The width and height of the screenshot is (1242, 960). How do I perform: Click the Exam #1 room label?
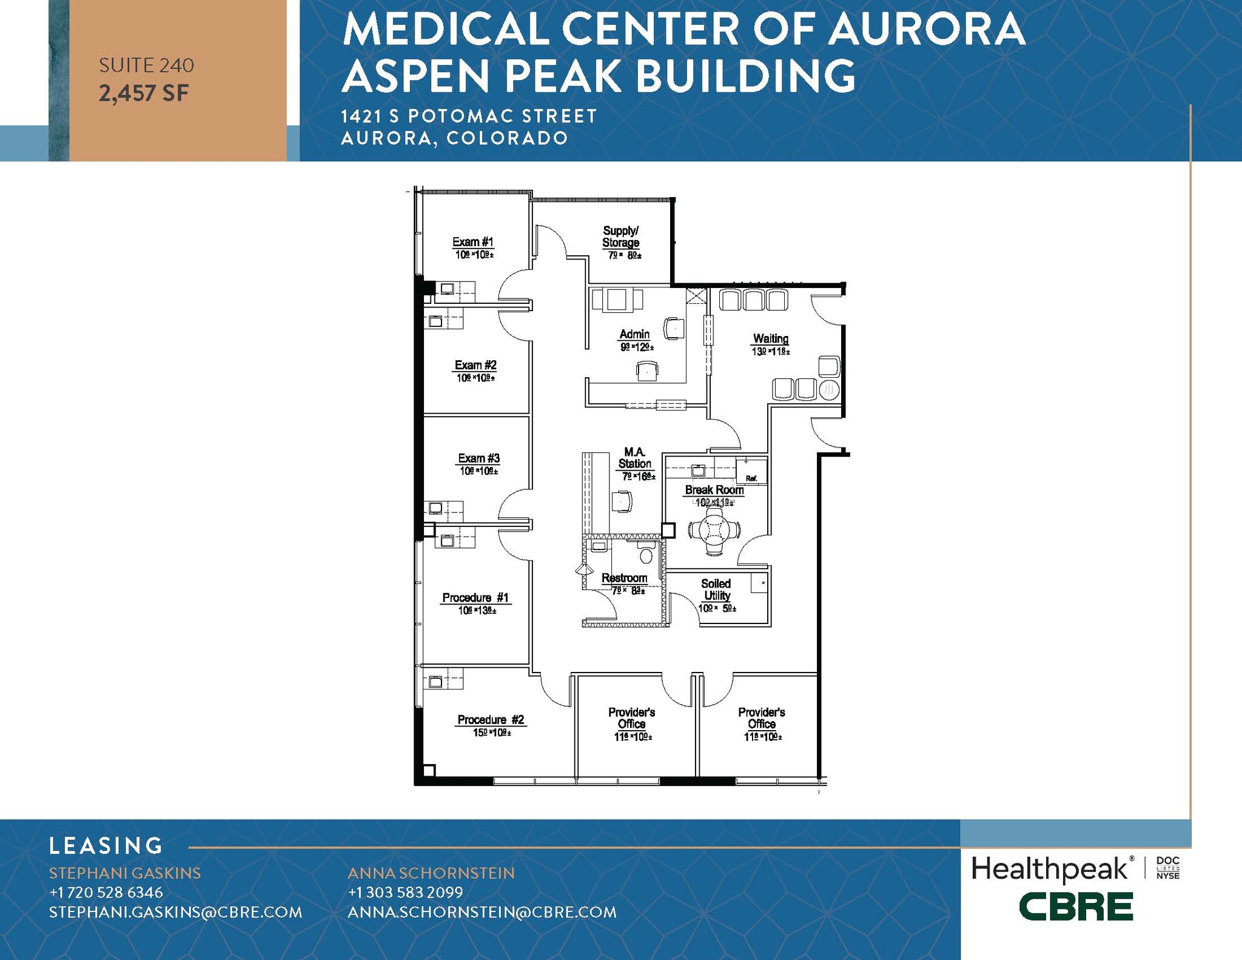point(473,242)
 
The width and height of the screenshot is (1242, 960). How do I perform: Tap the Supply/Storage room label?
point(620,237)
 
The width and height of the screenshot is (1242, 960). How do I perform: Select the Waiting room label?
point(771,338)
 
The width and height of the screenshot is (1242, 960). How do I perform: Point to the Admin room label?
point(634,334)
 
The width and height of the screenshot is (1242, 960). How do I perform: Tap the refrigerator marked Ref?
point(751,471)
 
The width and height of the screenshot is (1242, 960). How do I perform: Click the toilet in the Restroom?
point(646,554)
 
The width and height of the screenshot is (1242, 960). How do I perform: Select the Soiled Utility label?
point(716,589)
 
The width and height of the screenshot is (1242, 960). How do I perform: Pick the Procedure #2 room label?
point(491,720)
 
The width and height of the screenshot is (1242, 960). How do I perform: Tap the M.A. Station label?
point(634,458)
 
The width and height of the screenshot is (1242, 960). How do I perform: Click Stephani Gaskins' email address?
point(175,912)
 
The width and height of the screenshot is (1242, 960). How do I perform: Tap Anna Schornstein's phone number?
point(405,892)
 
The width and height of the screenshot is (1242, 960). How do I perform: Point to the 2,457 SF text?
point(144,93)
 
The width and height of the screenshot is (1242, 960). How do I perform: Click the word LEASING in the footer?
point(106,845)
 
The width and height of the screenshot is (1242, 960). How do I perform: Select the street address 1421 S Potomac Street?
point(469,116)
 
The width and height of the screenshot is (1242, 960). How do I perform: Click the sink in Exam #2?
point(435,321)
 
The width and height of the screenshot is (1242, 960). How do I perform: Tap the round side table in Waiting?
point(829,389)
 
